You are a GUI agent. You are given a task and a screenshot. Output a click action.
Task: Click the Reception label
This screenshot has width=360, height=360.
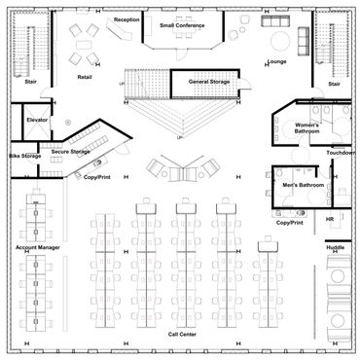[x=126, y=19]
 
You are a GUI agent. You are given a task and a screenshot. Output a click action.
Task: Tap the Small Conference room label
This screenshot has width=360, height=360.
[x=182, y=25]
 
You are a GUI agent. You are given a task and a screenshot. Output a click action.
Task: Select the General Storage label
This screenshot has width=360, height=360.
[x=209, y=82]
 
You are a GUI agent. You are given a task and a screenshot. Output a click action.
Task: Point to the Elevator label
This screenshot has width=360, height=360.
[x=37, y=120]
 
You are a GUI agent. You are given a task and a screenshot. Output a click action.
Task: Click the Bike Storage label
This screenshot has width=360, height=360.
[x=25, y=156]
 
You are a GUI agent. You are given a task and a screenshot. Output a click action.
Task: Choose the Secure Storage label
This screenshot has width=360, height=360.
[x=71, y=152]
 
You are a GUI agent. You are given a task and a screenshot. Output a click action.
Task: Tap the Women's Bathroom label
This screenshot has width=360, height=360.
[x=306, y=128]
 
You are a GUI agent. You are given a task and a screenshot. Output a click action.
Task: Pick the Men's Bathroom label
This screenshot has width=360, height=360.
[x=304, y=185]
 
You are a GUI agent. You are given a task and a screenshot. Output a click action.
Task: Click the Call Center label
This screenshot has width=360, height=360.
[x=182, y=334]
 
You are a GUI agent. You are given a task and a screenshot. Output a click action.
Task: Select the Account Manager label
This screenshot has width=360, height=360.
[x=38, y=247]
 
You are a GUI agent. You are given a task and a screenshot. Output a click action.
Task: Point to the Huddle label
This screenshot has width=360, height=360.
[x=336, y=247]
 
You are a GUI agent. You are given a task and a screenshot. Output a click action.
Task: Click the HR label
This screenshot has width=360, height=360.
[x=330, y=220]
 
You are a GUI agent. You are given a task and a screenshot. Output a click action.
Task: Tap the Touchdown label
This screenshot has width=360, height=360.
[x=341, y=153]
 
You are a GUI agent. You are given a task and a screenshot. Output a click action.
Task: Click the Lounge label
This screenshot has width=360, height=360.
[x=277, y=61]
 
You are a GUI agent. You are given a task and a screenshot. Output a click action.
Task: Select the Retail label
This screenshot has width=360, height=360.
[x=85, y=77]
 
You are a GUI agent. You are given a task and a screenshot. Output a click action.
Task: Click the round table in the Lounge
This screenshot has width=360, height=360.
[x=281, y=41]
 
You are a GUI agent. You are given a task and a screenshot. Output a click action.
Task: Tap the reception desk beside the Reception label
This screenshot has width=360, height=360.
[x=119, y=30]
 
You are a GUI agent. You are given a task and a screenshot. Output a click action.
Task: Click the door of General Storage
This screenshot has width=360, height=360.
[x=244, y=84]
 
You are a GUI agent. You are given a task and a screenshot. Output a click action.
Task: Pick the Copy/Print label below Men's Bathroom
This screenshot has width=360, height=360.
[x=290, y=223]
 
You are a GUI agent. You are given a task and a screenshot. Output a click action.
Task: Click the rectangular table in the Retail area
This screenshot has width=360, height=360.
[x=84, y=45]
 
